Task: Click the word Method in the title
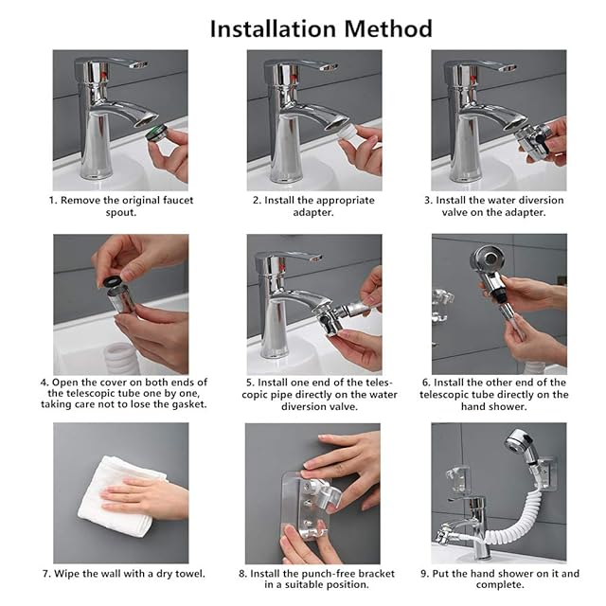pyautogui.click(x=388, y=28)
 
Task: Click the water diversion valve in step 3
pyautogui.click(x=533, y=138)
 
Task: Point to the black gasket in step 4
pyautogui.click(x=110, y=281)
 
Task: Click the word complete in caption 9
pyautogui.click(x=500, y=585)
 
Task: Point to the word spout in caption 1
pyautogui.click(x=121, y=213)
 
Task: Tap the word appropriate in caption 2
pyautogui.click(x=345, y=201)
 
